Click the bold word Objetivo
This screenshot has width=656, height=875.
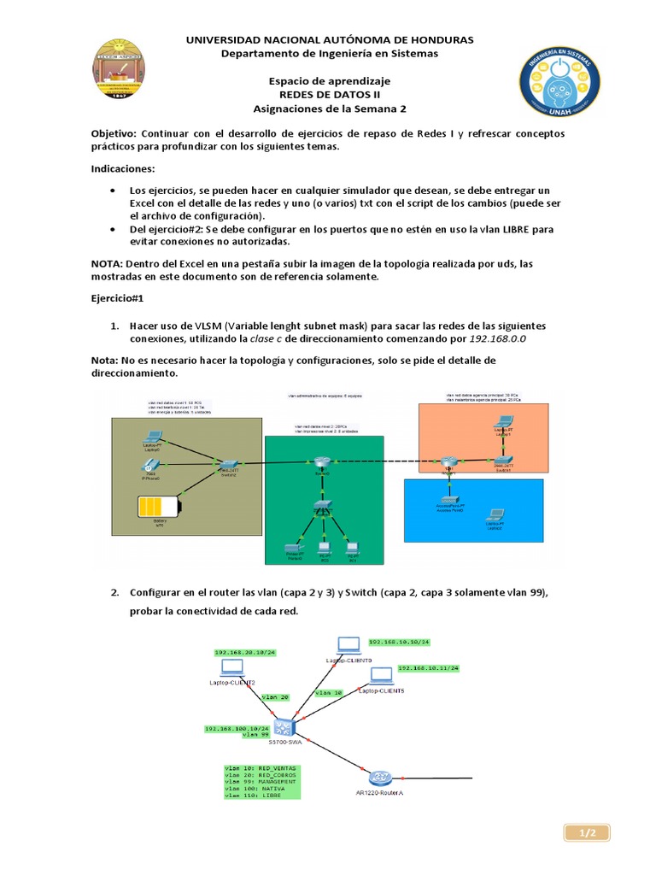[114, 134]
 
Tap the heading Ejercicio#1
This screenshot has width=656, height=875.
[121, 301]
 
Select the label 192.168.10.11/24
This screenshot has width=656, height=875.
[429, 667]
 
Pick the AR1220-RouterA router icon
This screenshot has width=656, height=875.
[380, 778]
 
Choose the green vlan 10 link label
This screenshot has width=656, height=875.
[329, 692]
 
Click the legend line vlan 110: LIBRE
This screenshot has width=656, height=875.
[254, 796]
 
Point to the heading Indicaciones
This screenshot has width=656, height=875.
[124, 169]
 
